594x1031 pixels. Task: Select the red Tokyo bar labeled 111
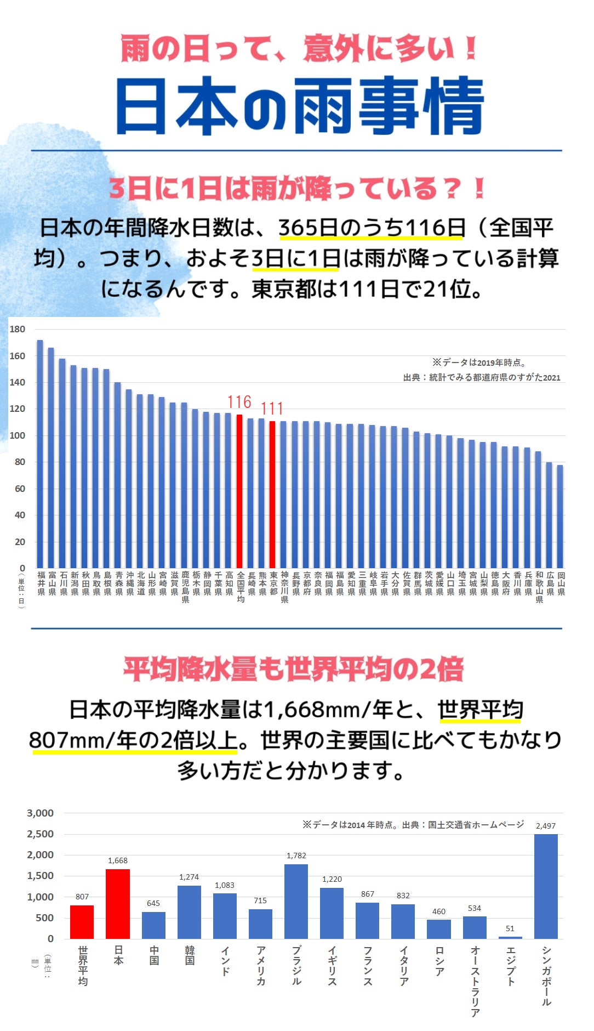point(272,494)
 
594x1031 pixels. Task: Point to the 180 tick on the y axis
point(18,329)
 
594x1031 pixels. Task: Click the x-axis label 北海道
point(141,584)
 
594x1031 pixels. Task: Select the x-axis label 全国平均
point(241,587)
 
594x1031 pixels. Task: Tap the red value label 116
point(239,402)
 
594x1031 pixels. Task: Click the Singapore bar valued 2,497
point(546,886)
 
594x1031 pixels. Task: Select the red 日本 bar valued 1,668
point(118,904)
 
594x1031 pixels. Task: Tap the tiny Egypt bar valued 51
point(510,937)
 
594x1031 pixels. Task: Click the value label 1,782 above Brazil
point(296,856)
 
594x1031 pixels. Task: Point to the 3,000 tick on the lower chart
point(41,813)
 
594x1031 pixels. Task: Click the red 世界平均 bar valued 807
point(82,922)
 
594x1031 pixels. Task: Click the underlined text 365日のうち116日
point(372,228)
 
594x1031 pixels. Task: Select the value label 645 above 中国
point(153,903)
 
